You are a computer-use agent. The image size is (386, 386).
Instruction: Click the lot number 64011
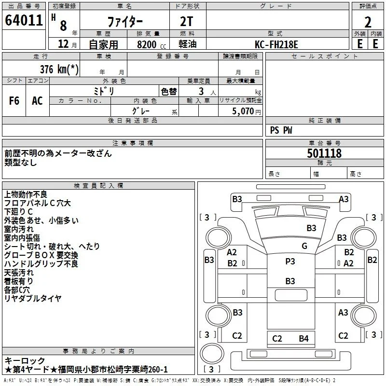24,20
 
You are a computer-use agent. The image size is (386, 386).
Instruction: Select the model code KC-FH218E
276,44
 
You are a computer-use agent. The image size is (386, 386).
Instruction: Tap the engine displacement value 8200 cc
152,44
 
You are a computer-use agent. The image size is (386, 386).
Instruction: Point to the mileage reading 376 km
59,69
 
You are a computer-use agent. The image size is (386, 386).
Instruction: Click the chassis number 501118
324,153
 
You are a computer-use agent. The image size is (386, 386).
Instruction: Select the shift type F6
14,101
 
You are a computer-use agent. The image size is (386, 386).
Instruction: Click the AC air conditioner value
37,101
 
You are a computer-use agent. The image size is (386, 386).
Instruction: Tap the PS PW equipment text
281,130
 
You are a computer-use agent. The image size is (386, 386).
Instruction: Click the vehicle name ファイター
125,22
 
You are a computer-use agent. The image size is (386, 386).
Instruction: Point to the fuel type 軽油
188,44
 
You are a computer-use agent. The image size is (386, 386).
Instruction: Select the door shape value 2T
187,21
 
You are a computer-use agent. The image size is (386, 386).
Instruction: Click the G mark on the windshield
304,246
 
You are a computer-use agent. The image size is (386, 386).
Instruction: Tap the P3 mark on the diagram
290,261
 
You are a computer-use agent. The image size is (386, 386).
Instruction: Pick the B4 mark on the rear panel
303,339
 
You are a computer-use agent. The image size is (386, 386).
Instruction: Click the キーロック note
25,360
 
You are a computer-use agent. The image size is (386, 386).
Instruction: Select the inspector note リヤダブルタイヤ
33,298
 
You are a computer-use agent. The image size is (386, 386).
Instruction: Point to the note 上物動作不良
26,194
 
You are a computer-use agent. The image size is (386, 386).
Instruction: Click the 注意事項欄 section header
133,143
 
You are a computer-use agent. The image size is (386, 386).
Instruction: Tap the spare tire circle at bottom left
212,353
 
